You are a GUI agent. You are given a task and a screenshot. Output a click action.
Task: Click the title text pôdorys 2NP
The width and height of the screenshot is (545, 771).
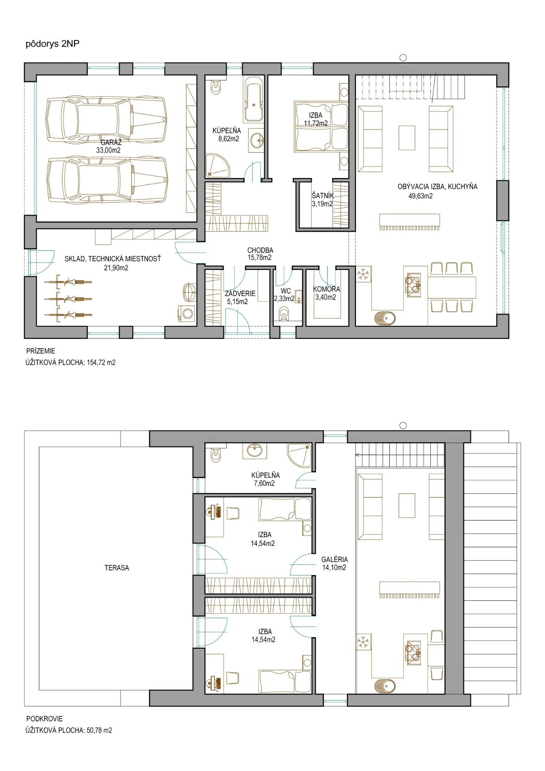(52, 44)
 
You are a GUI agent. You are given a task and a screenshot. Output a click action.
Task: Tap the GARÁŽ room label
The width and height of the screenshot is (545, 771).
(111, 142)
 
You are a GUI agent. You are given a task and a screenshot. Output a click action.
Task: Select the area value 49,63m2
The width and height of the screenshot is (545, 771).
(420, 196)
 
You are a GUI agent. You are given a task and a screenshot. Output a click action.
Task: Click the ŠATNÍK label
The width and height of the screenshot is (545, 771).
(323, 195)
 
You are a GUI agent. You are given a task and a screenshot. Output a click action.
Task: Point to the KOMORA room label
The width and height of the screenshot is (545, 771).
(327, 289)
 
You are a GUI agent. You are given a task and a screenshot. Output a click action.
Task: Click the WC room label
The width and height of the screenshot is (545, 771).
(286, 291)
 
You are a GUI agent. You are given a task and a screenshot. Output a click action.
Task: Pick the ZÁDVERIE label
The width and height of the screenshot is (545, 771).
(240, 293)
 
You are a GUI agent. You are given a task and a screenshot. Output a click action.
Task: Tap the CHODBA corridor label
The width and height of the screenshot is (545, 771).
(260, 250)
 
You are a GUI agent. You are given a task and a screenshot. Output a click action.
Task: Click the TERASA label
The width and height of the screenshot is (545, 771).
(117, 568)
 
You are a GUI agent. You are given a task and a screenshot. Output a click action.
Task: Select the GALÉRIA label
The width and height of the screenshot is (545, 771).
(334, 559)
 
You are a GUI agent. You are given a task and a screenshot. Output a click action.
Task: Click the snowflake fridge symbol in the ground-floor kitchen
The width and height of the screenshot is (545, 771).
(363, 274)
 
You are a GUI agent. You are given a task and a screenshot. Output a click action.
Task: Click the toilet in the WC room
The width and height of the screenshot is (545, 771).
(284, 314)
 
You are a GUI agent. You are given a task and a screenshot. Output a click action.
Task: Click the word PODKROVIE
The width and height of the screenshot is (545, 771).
(44, 719)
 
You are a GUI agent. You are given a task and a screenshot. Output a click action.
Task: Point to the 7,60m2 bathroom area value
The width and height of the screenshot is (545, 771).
(264, 483)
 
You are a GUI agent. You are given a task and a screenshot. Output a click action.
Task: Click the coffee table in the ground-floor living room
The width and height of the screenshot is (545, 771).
(407, 138)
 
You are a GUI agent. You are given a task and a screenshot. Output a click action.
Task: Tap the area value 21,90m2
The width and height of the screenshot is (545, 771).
(116, 268)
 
